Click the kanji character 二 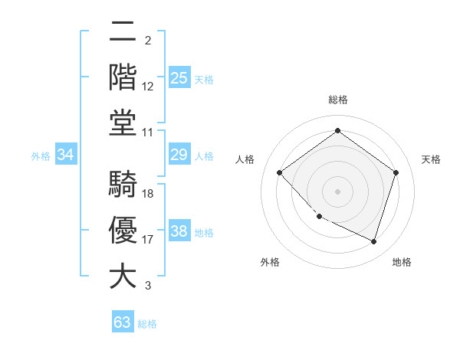tap(123, 32)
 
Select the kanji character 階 tap(123, 77)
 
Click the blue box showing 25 tap(179, 78)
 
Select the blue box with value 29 tap(179, 155)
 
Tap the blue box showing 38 tap(179, 232)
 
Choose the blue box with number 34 tap(66, 155)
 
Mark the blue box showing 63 tap(123, 322)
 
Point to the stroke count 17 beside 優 tap(148, 240)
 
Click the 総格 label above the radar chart tap(337, 100)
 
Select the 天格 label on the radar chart tap(431, 159)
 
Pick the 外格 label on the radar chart tap(270, 262)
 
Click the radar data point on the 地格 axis tap(373, 241)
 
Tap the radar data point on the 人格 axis tap(280, 172)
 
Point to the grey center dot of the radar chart tap(337, 191)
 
